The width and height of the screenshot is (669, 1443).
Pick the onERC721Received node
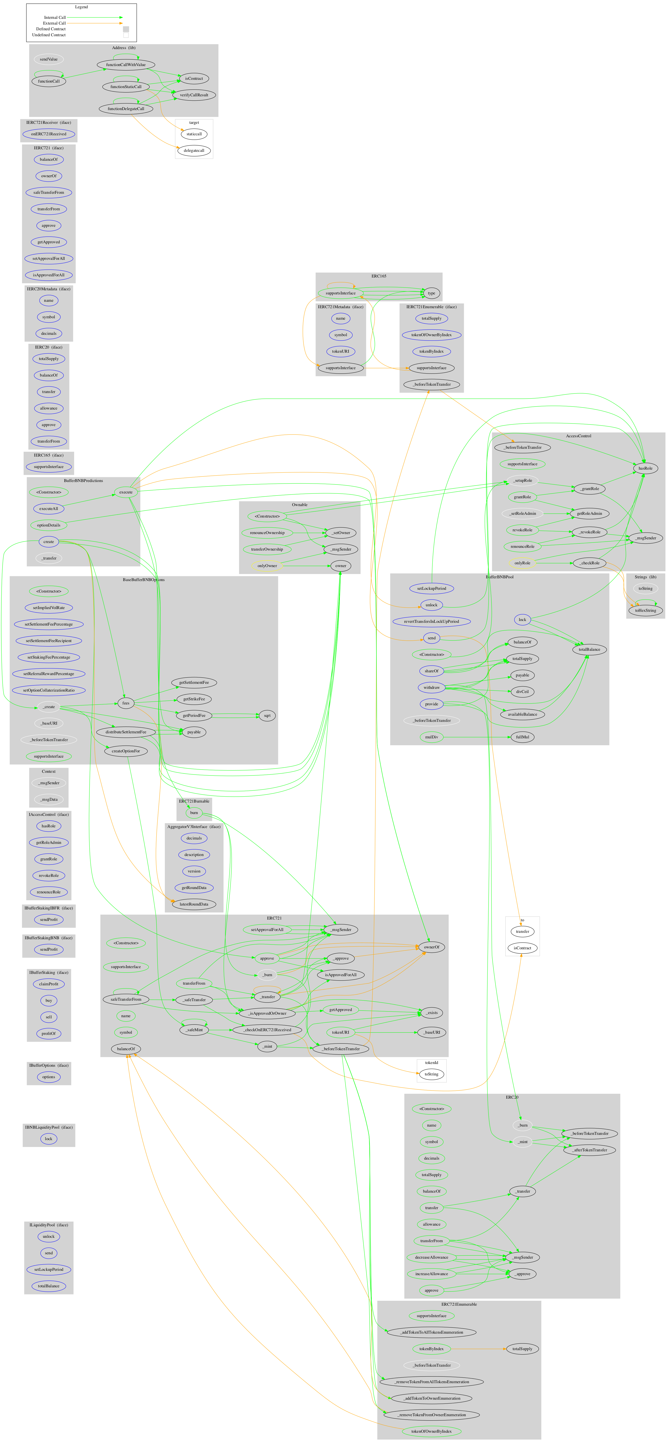(49, 134)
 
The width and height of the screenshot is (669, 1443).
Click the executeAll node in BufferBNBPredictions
(49, 509)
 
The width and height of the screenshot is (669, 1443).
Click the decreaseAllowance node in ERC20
(431, 1257)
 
